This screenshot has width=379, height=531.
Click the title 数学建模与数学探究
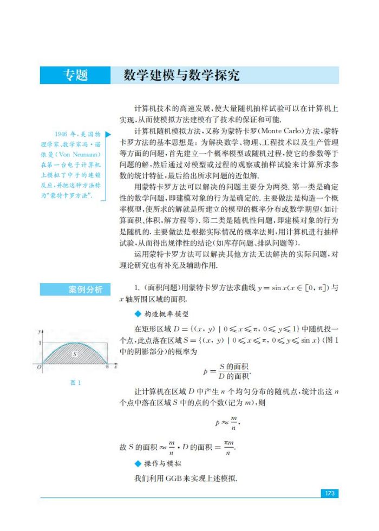(181, 75)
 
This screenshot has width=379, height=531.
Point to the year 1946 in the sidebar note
(62, 134)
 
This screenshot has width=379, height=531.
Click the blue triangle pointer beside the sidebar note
(108, 134)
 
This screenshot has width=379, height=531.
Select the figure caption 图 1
(76, 383)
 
